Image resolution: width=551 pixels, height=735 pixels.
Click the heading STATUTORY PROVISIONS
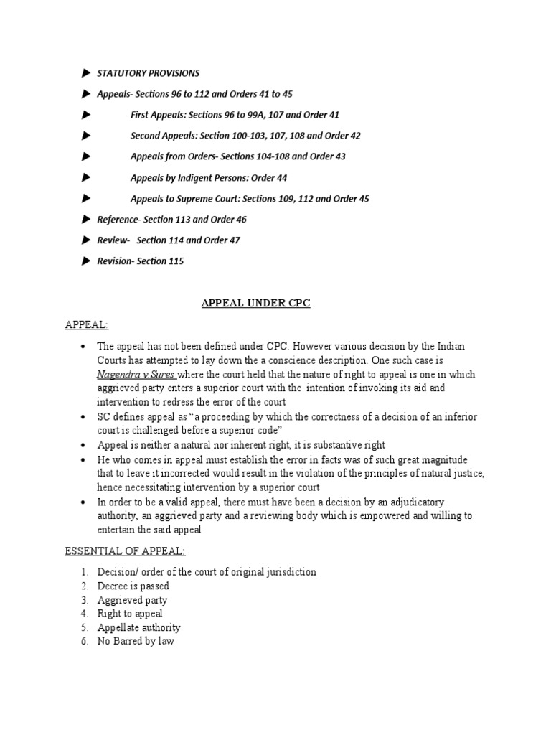[x=149, y=73]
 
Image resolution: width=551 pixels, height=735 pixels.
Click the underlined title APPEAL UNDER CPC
[x=254, y=304]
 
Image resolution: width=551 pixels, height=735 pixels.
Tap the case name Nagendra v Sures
[x=136, y=375]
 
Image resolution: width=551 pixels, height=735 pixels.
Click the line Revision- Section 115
[x=141, y=261]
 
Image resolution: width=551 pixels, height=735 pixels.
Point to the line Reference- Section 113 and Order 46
[x=171, y=220]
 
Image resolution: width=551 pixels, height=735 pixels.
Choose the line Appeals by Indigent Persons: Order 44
[x=209, y=177]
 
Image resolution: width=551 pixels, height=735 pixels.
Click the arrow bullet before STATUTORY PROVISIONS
[x=86, y=73]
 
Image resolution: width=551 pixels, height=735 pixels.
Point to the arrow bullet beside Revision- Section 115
[x=86, y=261]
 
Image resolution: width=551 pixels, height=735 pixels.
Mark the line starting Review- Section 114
[x=169, y=240]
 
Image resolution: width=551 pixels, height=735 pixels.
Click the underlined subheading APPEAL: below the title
[x=87, y=325]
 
